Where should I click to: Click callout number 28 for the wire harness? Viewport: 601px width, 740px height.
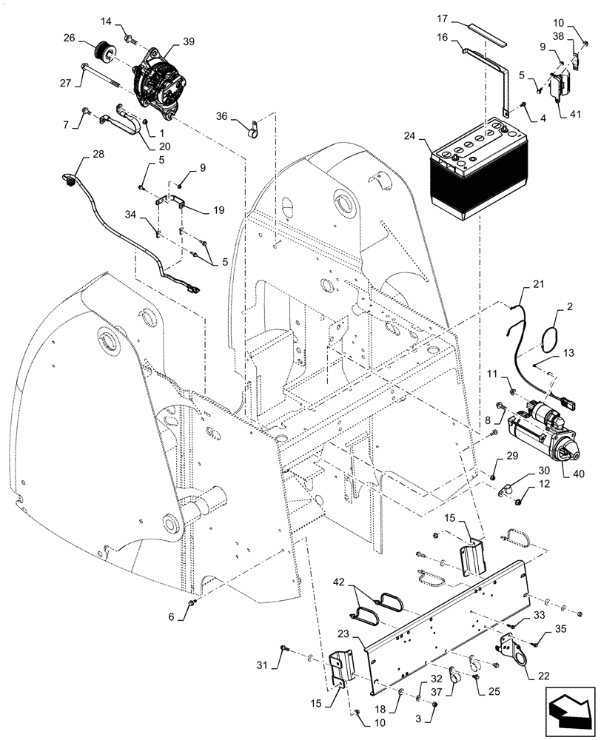pos(98,153)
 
